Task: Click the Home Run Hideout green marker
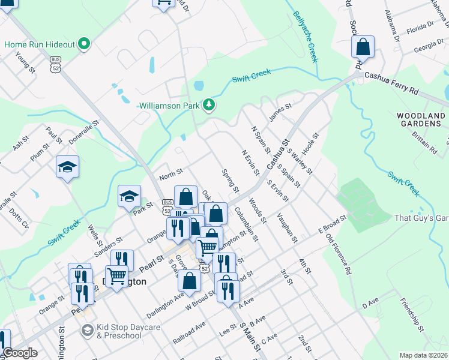tap(85, 44)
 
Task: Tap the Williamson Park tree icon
tap(209, 105)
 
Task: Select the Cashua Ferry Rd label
tap(390, 85)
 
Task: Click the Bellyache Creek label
tap(305, 36)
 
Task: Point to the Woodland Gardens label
tap(421, 119)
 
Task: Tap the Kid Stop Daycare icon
tap(88, 331)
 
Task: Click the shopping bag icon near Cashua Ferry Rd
tap(363, 47)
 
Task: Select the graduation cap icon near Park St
tap(129, 196)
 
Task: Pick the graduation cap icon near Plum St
tap(68, 167)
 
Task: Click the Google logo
tap(20, 353)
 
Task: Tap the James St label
tap(280, 112)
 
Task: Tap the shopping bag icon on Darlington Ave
tap(189, 280)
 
